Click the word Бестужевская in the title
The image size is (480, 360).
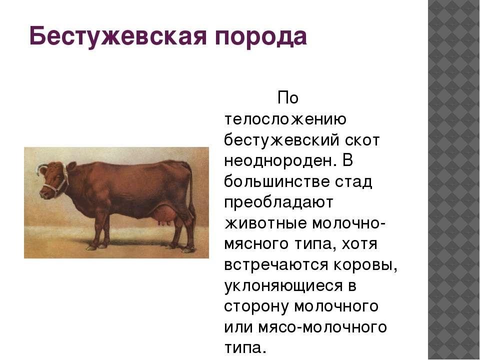117,36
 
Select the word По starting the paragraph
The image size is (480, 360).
288,98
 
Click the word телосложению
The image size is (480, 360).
285,119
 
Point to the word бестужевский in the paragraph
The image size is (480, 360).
282,140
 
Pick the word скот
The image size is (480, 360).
362,140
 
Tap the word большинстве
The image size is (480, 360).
276,181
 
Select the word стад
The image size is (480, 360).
354,182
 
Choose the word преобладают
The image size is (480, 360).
278,202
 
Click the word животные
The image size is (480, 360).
265,223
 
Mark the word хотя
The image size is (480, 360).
359,244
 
